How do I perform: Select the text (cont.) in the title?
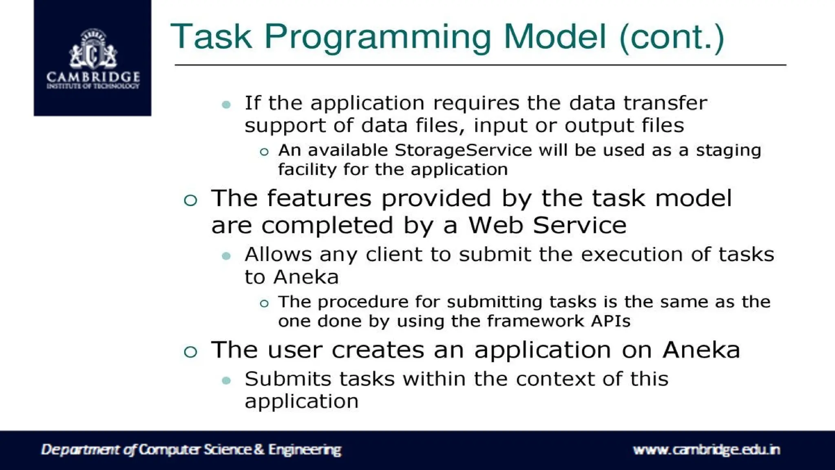pyautogui.click(x=671, y=38)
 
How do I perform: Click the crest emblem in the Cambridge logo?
pyautogui.click(x=93, y=50)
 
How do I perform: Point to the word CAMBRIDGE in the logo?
pyautogui.click(x=93, y=77)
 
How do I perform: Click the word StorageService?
pyautogui.click(x=463, y=151)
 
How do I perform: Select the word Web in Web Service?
pyautogui.click(x=495, y=225)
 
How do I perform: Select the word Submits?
pyautogui.click(x=288, y=379)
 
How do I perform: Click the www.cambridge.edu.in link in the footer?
pyautogui.click(x=706, y=450)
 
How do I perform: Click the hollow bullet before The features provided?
pyautogui.click(x=190, y=200)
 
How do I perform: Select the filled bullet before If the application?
pyautogui.click(x=226, y=104)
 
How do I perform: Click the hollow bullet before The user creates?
pyautogui.click(x=190, y=352)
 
